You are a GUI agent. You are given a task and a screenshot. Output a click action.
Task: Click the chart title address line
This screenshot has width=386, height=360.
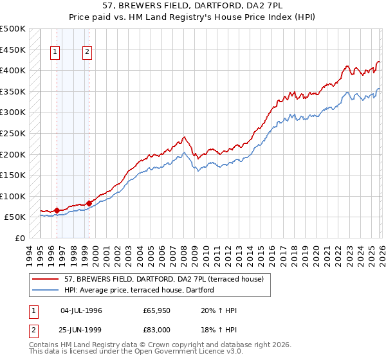[192, 5]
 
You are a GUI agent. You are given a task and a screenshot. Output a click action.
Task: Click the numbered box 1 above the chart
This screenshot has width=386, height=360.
[56, 53]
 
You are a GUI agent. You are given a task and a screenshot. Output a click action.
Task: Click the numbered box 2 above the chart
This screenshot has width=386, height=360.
[87, 53]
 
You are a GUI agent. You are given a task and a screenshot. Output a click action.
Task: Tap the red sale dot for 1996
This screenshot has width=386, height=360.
[57, 210]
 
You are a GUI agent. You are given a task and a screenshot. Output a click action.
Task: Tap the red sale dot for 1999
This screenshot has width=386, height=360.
[89, 203]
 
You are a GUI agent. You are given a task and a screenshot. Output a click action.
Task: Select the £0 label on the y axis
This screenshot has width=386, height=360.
[19, 238]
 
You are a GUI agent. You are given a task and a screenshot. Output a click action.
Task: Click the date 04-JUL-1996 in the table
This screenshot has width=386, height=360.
[81, 310]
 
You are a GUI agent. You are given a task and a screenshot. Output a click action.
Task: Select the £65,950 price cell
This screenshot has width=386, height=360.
[157, 310]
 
